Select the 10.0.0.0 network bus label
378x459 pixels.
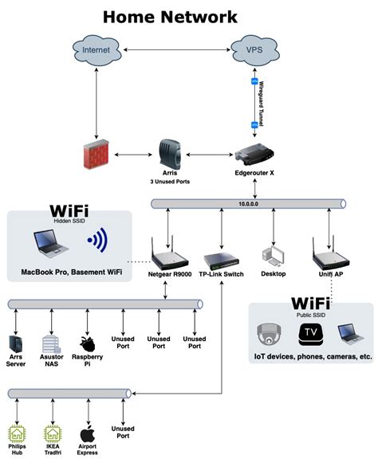[x=250, y=205]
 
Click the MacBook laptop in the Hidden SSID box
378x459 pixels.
[x=49, y=243]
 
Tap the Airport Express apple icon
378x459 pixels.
[x=88, y=434]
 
